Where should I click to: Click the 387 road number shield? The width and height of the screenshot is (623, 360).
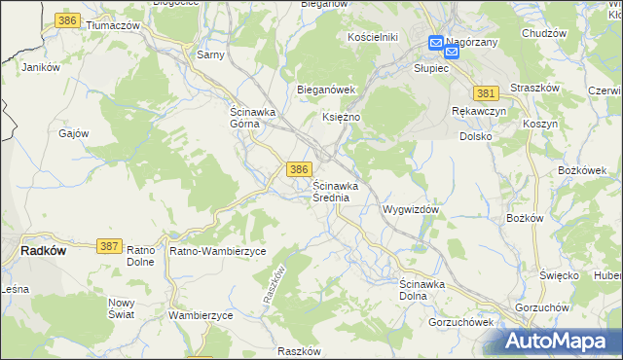pyautogui.click(x=109, y=247)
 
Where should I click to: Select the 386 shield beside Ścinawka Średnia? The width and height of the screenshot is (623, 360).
pyautogui.click(x=299, y=169)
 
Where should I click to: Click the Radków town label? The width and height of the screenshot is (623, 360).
pyautogui.click(x=43, y=249)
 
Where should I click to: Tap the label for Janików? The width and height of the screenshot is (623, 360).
pyautogui.click(x=41, y=68)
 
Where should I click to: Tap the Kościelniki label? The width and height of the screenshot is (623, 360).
pyautogui.click(x=374, y=37)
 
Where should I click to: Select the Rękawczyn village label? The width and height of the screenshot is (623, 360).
pyautogui.click(x=477, y=112)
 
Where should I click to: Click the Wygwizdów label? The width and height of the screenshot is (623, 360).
pyautogui.click(x=413, y=209)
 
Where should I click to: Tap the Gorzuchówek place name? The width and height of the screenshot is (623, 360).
pyautogui.click(x=462, y=321)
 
